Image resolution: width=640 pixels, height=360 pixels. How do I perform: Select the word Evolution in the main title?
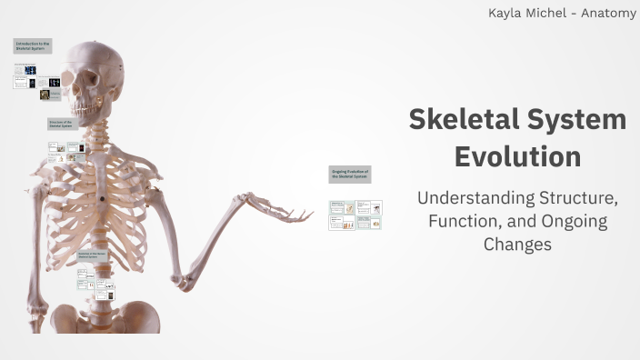[517, 156]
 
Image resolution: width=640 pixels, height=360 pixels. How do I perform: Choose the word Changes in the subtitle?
[517, 244]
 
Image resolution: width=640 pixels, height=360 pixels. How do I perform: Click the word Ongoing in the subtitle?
[575, 221]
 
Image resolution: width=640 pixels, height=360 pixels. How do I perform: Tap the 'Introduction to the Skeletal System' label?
[32, 45]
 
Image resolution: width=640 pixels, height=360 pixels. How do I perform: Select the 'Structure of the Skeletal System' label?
[66, 124]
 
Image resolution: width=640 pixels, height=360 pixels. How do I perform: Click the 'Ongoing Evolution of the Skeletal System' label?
[350, 174]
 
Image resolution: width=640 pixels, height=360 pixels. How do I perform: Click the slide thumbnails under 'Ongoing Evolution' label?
[355, 215]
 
